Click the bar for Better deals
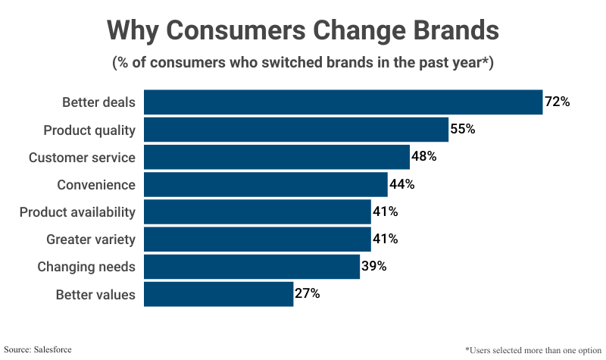pyautogui.click(x=343, y=102)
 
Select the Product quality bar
pyautogui.click(x=296, y=130)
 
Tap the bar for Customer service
pyautogui.click(x=276, y=157)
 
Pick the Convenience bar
pyautogui.click(x=265, y=184)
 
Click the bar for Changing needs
pyautogui.click(x=251, y=267)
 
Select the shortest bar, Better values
pyautogui.click(x=218, y=294)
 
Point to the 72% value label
pyautogui.click(x=557, y=102)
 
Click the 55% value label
pyautogui.click(x=463, y=129)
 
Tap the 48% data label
pyautogui.click(x=424, y=157)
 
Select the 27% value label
pyautogui.click(x=307, y=294)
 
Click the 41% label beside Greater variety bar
pyautogui.click(x=385, y=239)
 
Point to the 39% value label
pyautogui.click(x=373, y=267)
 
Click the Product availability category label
pyautogui.click(x=77, y=212)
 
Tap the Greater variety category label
pyautogui.click(x=91, y=239)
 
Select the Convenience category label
pyautogui.click(x=96, y=184)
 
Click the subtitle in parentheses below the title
pyautogui.click(x=303, y=63)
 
